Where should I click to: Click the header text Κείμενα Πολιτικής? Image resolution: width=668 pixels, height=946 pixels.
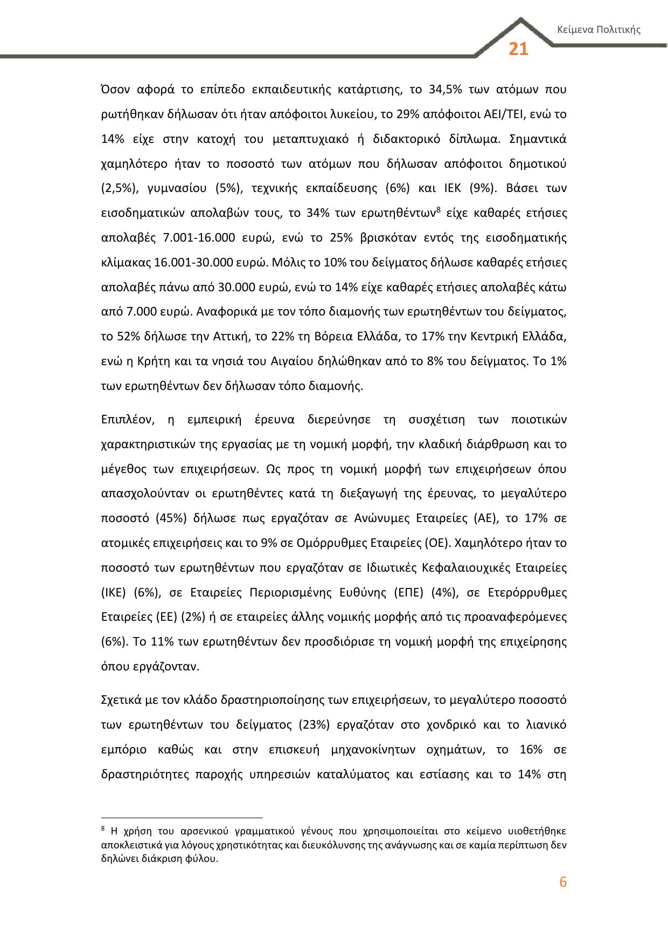(x=599, y=30)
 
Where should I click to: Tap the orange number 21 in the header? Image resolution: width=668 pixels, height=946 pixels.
(x=518, y=50)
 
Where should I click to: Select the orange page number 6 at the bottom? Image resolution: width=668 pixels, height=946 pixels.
(x=563, y=882)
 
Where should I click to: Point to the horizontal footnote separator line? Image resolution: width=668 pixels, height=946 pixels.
(x=182, y=818)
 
